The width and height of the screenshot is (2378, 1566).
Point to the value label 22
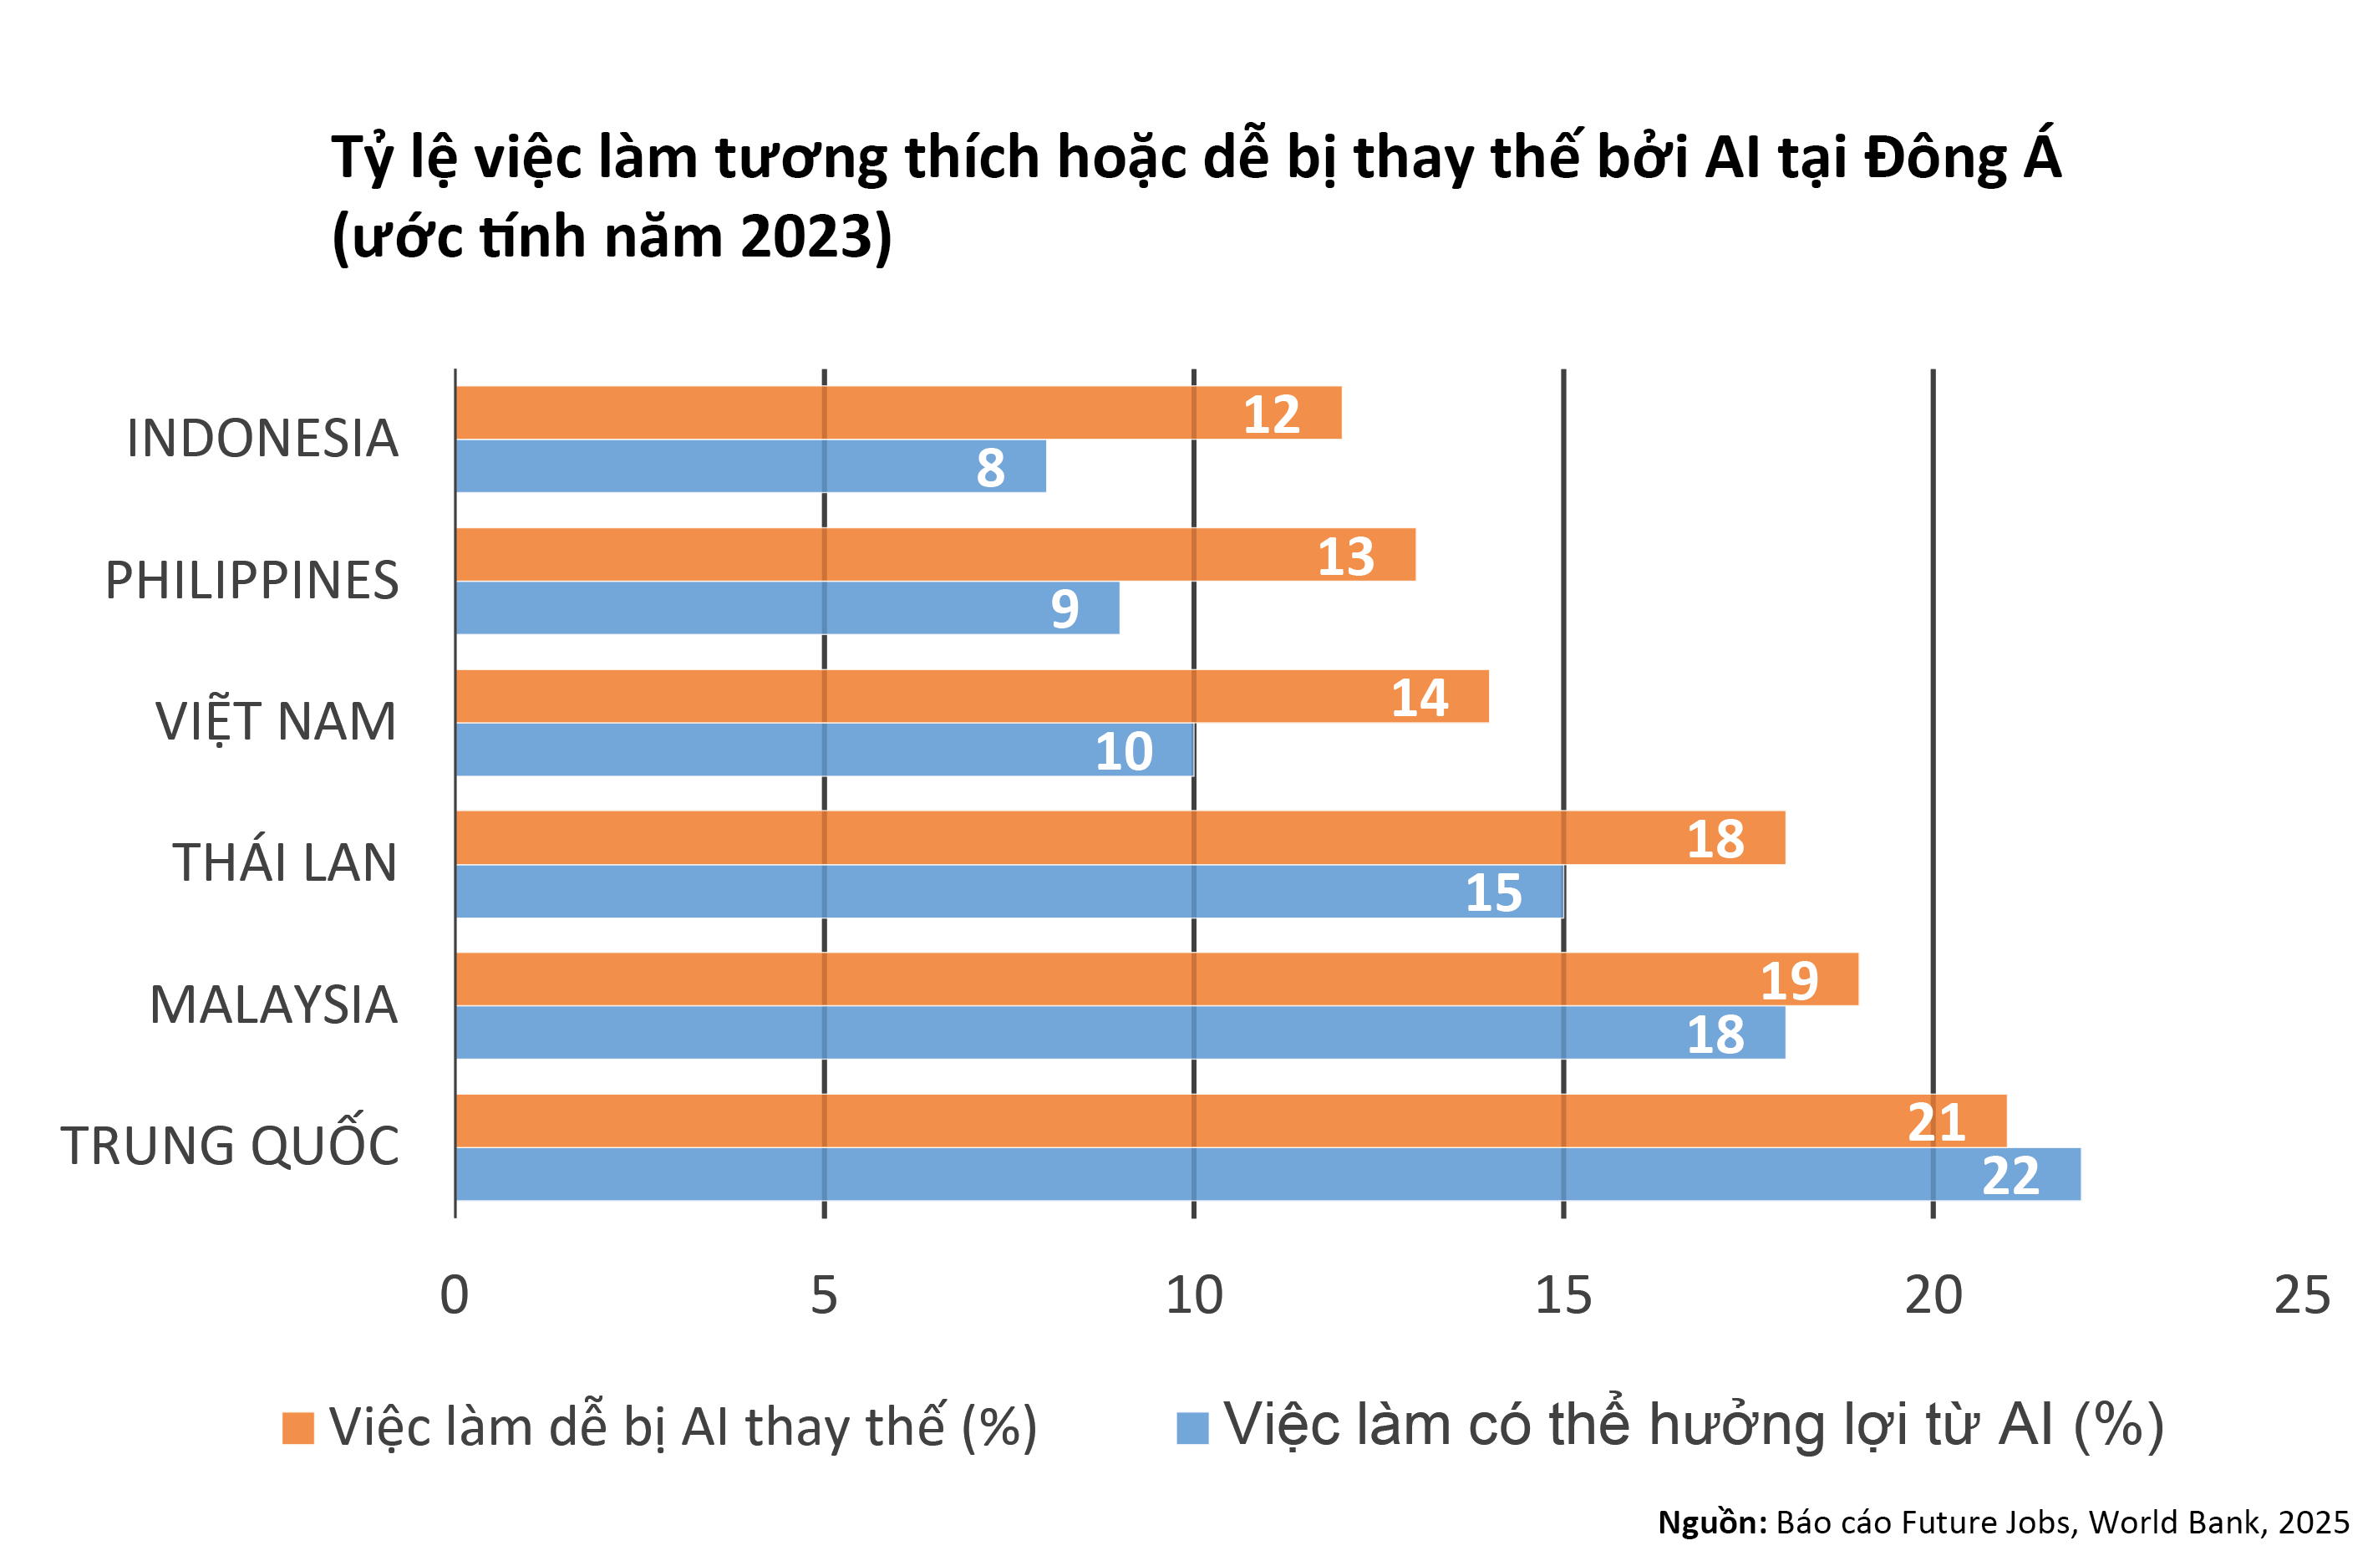(x=2010, y=1175)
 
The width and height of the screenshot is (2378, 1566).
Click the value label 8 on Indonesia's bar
(x=990, y=468)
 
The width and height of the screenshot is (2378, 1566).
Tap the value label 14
(x=1419, y=698)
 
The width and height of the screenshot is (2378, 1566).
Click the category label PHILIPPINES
(x=252, y=581)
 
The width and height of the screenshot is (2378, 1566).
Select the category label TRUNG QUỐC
(x=230, y=1146)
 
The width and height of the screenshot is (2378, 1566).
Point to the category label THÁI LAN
(x=285, y=862)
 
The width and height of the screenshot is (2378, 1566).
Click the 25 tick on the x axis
(x=2302, y=1296)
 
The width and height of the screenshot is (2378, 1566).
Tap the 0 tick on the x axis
(x=455, y=1296)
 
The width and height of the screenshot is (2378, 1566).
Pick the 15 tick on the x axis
(x=1562, y=1296)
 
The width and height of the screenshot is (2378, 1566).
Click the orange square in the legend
(x=297, y=1428)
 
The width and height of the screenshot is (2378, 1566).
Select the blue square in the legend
(x=1192, y=1428)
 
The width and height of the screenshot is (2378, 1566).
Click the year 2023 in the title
(x=806, y=236)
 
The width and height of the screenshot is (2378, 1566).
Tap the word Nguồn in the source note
(x=1710, y=1522)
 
